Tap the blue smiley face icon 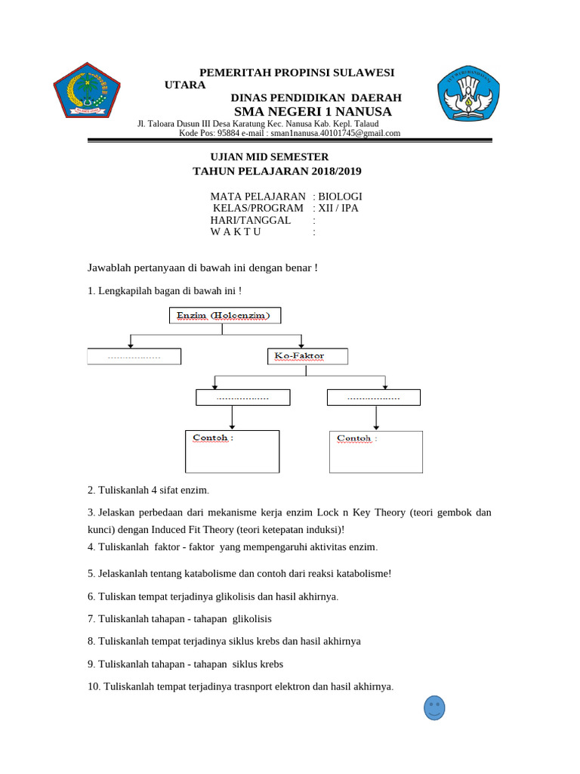tap(434, 707)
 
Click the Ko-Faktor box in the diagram tap(307, 356)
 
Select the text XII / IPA tap(338, 208)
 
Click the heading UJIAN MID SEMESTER tap(269, 156)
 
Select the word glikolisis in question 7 tap(252, 618)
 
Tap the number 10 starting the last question tap(93, 686)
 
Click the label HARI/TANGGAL tap(250, 220)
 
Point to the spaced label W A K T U tap(236, 232)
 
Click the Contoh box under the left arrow tap(232, 451)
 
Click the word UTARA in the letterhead tap(185, 85)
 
